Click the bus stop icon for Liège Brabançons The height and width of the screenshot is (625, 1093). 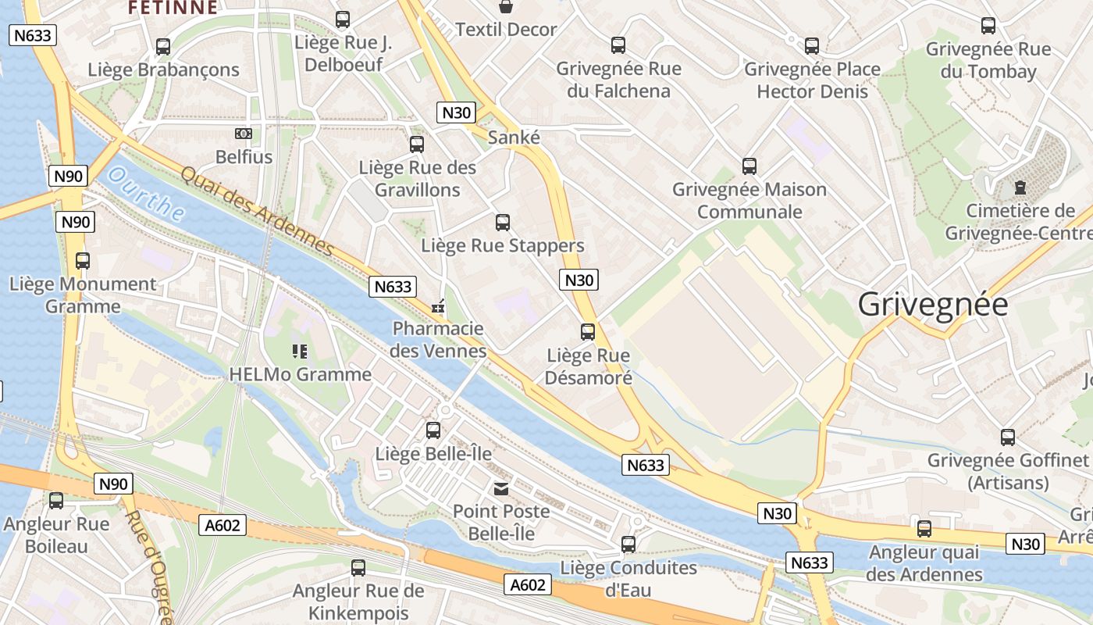[x=163, y=47]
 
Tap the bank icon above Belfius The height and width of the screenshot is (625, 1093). [x=244, y=134]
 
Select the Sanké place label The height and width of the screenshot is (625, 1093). [x=514, y=137]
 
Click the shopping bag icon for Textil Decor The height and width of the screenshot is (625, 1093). [x=506, y=7]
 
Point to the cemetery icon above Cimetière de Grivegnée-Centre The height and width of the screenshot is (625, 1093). [x=1020, y=187]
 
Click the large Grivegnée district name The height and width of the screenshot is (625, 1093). [x=933, y=304]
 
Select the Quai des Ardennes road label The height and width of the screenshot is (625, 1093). [x=258, y=211]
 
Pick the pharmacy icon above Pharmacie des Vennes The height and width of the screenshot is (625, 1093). [x=438, y=306]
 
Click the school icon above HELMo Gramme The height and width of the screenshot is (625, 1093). [x=300, y=352]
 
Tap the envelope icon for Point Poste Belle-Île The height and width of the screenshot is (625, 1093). [x=500, y=489]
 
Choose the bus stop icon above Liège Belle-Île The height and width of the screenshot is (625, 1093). [x=433, y=430]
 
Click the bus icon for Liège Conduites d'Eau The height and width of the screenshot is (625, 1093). [x=628, y=545]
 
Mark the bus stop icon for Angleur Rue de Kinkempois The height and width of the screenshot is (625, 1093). [x=358, y=568]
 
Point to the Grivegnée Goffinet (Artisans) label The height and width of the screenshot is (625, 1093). [x=1007, y=471]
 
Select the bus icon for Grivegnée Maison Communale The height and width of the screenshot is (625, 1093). [x=749, y=166]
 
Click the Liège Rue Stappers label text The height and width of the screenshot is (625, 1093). [x=503, y=245]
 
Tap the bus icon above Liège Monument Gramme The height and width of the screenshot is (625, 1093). [x=83, y=261]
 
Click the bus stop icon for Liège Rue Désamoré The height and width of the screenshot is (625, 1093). [x=588, y=332]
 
